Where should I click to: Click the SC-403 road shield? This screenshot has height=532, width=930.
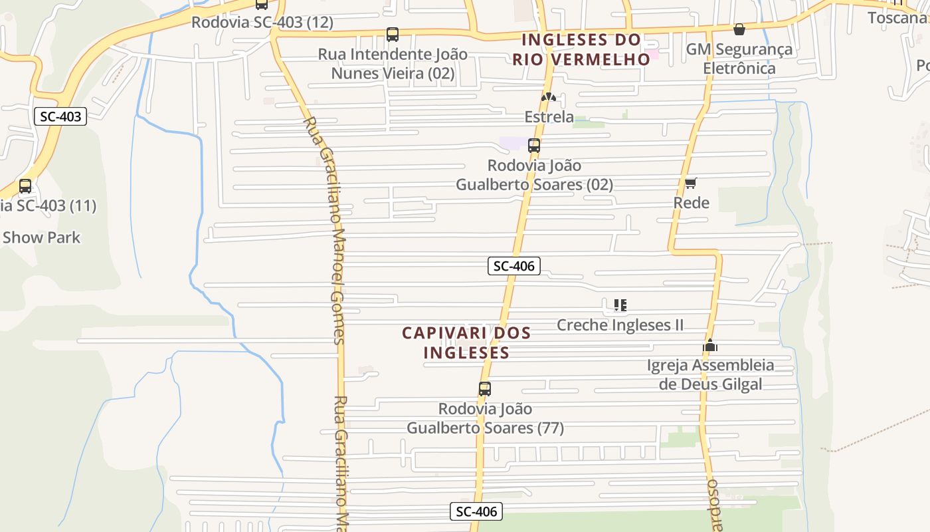pos(60,116)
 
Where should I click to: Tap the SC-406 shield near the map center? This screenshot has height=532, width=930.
pos(514,266)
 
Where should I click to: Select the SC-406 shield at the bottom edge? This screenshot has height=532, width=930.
pos(476,511)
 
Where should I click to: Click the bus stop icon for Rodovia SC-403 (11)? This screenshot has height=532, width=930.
pos(25,186)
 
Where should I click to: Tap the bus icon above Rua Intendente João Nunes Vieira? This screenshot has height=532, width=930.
pos(393,34)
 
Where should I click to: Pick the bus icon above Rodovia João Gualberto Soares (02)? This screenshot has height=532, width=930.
pos(534,146)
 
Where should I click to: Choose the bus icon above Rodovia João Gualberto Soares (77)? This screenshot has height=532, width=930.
pos(485,389)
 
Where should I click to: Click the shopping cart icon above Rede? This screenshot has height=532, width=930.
pos(691,183)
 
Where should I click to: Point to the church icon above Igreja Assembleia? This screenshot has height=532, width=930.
pos(710,345)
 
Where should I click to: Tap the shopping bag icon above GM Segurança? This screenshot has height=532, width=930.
pos(739,29)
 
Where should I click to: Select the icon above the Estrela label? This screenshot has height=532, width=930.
pos(549,97)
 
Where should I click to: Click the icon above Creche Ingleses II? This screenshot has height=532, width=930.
pos(620,305)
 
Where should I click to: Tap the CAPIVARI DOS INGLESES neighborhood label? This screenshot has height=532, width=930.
pos(466,342)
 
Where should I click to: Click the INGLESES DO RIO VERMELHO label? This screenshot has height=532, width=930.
pos(581,49)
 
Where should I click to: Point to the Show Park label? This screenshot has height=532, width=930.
pos(41,237)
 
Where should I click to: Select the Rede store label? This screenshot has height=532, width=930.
pos(692,203)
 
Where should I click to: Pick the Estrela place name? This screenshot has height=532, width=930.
pos(549,117)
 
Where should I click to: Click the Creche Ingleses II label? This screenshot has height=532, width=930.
pos(620,325)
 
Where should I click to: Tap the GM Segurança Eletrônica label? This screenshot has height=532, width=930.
pos(739,59)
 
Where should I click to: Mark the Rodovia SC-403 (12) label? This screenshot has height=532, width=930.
pos(262,22)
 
